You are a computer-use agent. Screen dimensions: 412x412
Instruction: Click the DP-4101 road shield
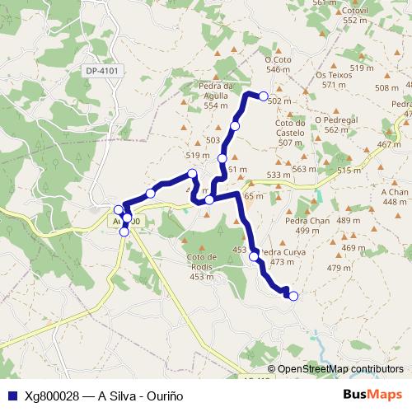103,71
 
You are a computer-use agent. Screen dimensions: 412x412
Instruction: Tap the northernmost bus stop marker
264,96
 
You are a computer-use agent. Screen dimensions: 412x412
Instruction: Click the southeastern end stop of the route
293,297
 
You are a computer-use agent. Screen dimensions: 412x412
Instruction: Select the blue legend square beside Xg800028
12,395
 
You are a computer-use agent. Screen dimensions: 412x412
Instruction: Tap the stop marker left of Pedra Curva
254,256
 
